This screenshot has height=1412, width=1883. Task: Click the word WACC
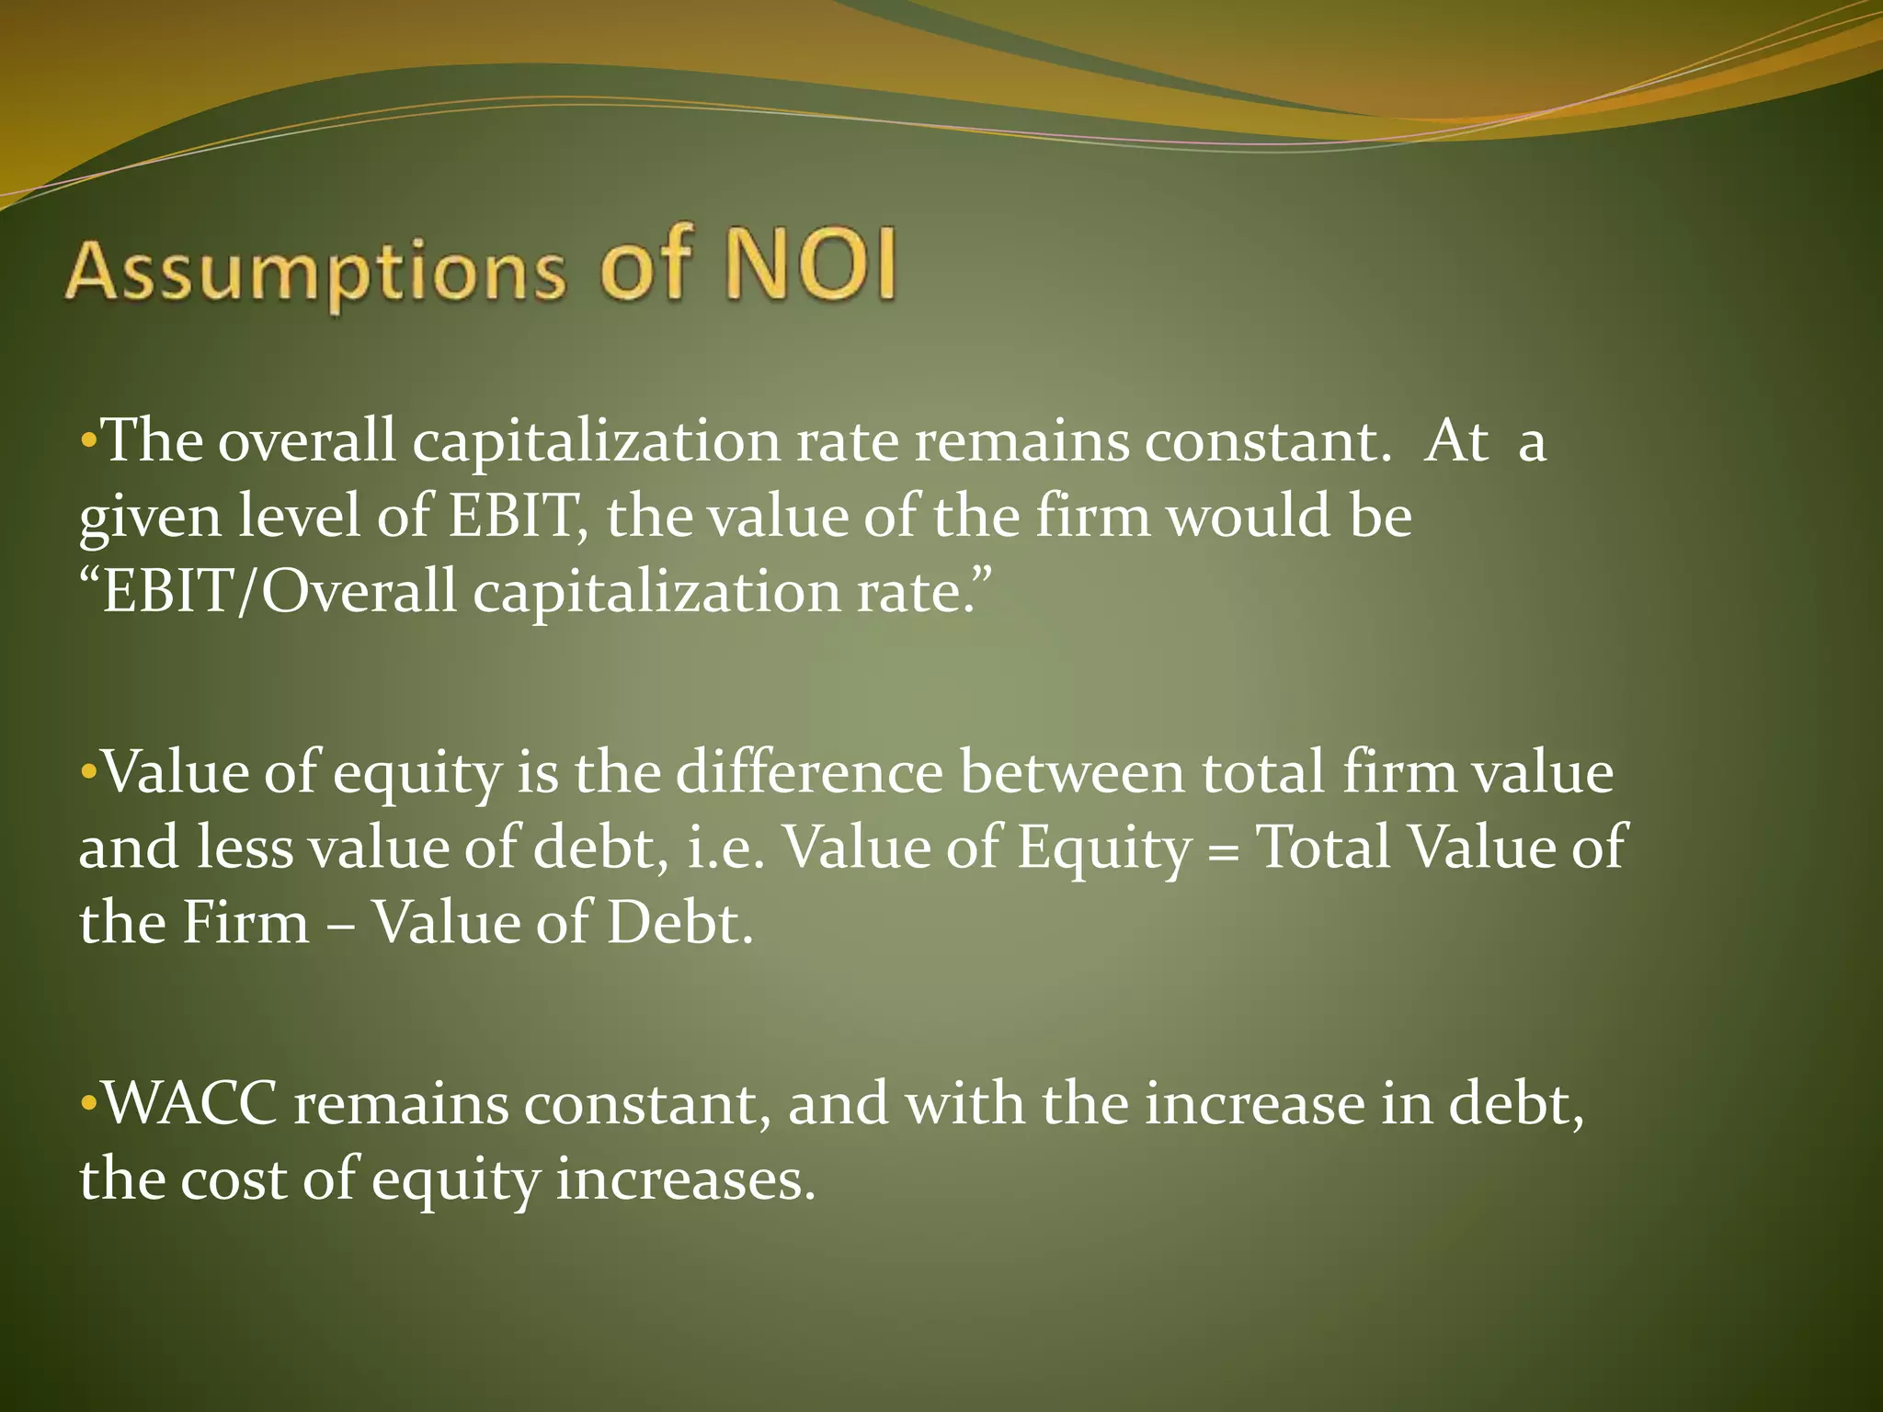189,1103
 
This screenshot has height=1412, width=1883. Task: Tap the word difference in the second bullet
809,772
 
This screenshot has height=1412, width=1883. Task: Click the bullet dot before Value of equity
88,769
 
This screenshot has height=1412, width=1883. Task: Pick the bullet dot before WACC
88,1101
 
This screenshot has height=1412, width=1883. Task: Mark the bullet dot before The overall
88,439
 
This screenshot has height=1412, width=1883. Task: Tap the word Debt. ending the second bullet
679,923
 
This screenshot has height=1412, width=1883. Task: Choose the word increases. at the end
686,1180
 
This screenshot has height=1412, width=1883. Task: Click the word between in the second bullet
1072,772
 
